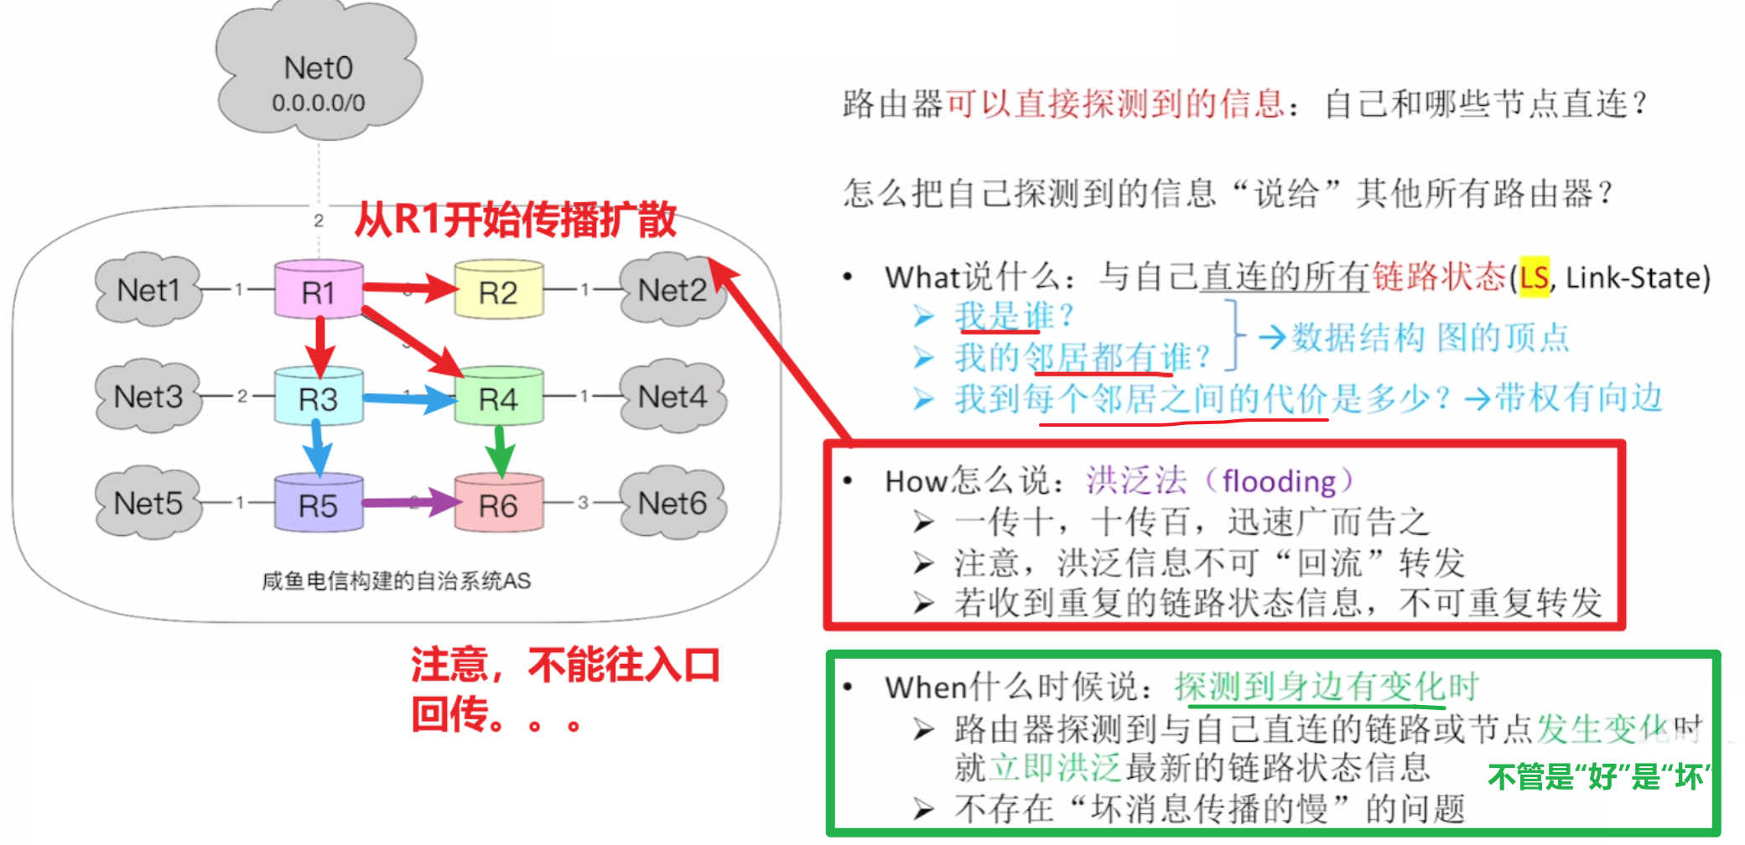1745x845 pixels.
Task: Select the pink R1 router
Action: tap(319, 291)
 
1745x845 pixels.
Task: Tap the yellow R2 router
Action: tap(498, 291)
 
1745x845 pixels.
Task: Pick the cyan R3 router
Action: tap(319, 397)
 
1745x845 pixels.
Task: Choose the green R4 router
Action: tap(498, 397)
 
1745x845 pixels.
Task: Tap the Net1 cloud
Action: tap(148, 290)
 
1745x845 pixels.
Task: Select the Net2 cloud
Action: tap(672, 290)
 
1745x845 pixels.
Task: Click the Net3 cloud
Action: tap(148, 397)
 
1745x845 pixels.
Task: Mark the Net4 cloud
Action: tap(672, 397)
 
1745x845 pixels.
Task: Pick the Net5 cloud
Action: tap(148, 503)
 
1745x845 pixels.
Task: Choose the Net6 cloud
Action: tap(672, 503)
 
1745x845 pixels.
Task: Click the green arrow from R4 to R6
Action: tap(500, 451)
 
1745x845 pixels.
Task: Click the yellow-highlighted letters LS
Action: tap(1534, 277)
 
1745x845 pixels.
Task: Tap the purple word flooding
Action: tap(1279, 481)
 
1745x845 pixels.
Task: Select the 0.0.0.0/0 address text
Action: tap(319, 103)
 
